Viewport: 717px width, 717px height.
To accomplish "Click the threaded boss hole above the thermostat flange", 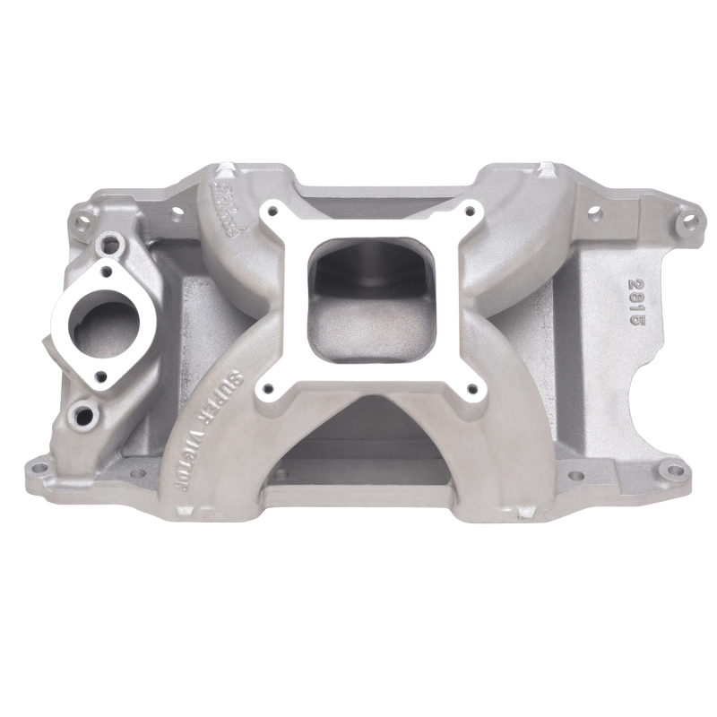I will tap(112, 241).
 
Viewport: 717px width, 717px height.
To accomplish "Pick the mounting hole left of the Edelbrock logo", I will tap(177, 214).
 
